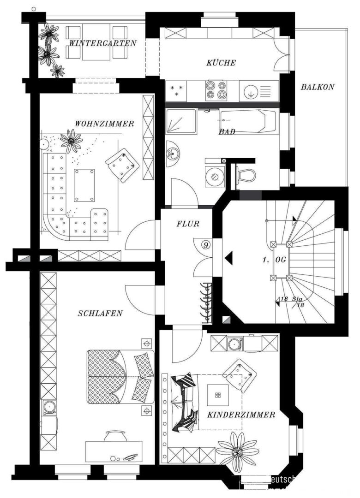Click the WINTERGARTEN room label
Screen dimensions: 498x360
102,44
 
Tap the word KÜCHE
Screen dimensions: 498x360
221,63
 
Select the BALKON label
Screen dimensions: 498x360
318,87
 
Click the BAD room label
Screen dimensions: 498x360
227,132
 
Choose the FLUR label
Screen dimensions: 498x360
188,224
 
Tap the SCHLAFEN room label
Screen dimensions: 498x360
100,314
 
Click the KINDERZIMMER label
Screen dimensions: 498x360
241,415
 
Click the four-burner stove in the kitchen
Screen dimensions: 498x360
216,90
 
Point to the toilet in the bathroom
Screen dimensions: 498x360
245,174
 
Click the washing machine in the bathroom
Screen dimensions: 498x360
214,176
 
